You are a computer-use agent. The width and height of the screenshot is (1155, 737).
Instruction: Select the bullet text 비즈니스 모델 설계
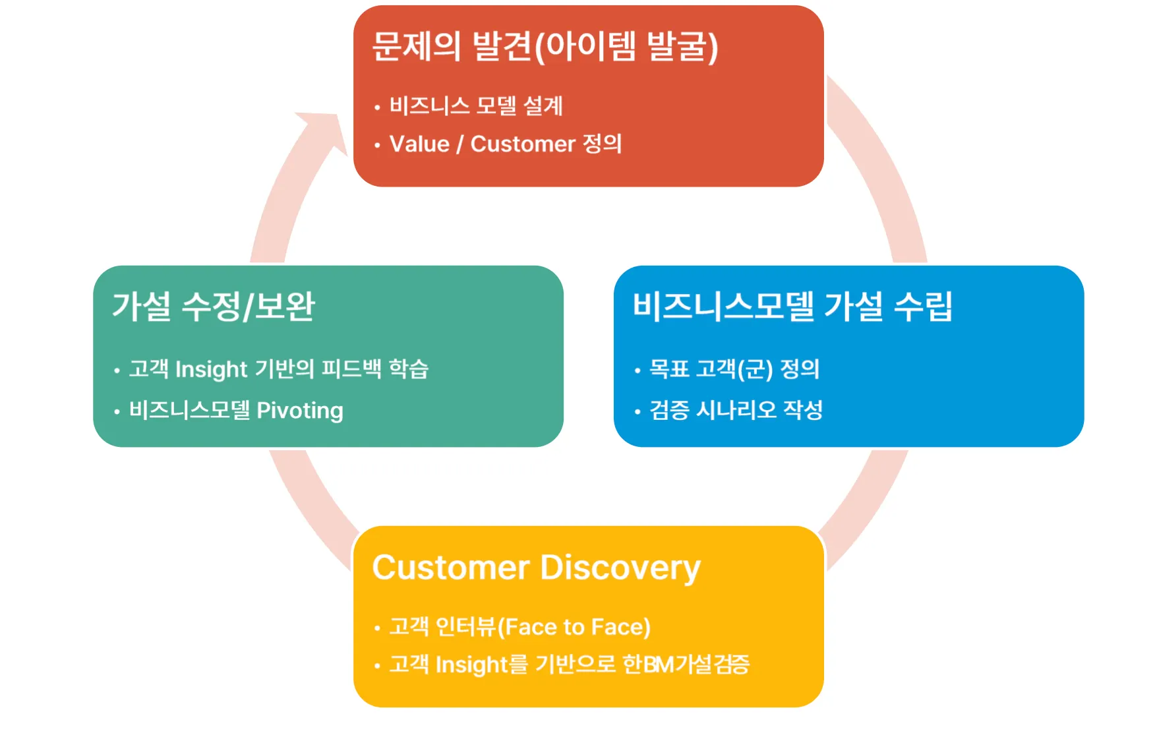[476, 105]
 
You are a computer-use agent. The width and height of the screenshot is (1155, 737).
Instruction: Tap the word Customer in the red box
[523, 144]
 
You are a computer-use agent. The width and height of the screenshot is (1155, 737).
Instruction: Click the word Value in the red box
[419, 144]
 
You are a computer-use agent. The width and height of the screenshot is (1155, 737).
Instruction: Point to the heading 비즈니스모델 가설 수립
[792, 307]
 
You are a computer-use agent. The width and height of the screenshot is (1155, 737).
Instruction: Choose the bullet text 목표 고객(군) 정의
[734, 368]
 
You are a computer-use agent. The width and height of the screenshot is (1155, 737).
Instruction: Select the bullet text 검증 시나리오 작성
[736, 410]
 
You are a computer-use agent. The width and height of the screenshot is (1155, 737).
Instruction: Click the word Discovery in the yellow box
[620, 568]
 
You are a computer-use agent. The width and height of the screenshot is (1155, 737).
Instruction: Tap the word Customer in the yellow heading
[451, 568]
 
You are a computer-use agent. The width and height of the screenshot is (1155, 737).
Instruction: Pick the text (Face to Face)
[574, 627]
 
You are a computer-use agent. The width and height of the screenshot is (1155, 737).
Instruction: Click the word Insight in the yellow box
[472, 664]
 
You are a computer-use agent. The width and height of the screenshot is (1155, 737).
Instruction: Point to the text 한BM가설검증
[686, 664]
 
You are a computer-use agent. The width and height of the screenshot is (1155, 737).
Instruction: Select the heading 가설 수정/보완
[214, 307]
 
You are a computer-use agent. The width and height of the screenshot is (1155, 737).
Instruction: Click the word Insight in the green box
[211, 369]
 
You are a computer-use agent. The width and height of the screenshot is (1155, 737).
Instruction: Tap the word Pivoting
[300, 411]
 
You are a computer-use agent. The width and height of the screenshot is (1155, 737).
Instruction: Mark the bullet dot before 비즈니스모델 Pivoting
[117, 412]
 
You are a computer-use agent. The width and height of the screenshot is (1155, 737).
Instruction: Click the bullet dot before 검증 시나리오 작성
[637, 412]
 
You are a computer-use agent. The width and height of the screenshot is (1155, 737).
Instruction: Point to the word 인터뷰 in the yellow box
[465, 627]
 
